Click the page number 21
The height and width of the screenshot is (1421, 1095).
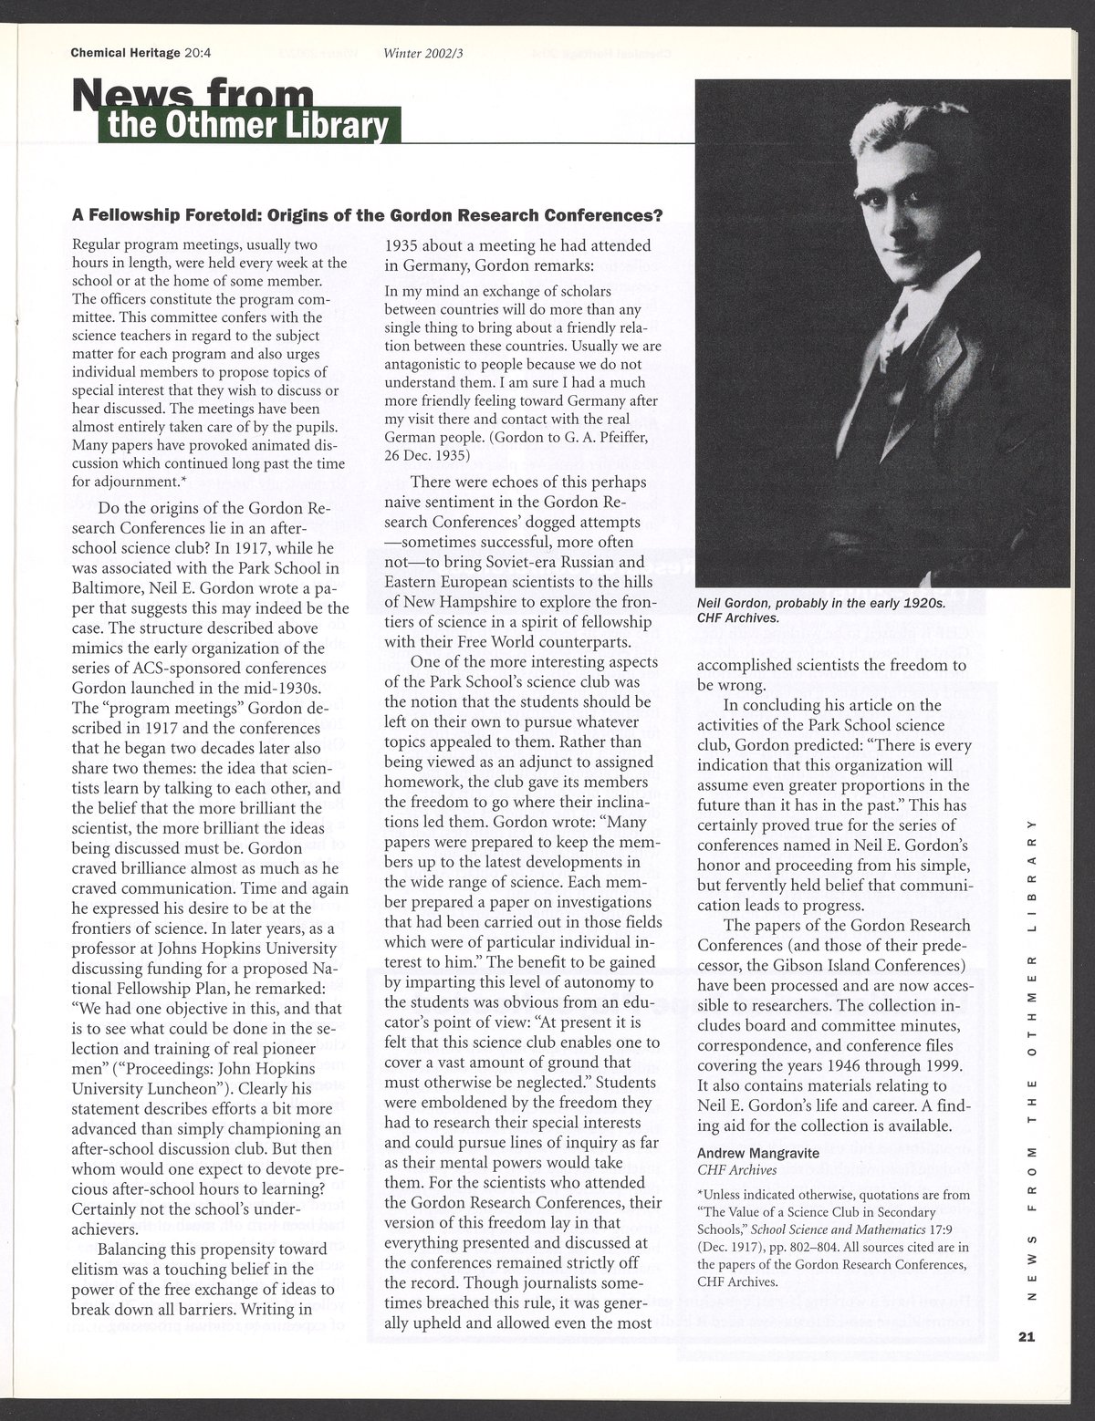(x=1026, y=1337)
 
